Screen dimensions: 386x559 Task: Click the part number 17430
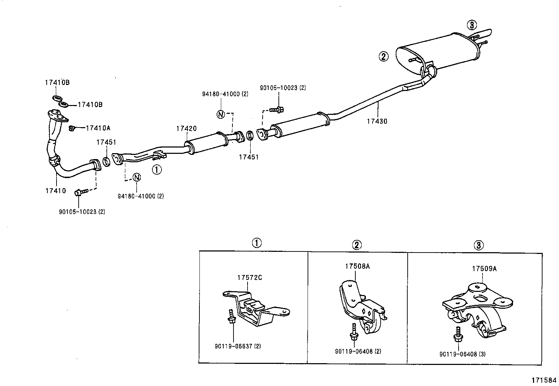(x=377, y=122)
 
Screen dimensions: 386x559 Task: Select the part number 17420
(x=186, y=129)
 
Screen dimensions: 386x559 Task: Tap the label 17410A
(x=98, y=128)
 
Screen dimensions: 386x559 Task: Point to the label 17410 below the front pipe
(x=55, y=191)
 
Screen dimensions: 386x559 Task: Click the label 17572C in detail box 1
(x=249, y=277)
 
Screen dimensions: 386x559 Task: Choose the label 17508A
(x=357, y=266)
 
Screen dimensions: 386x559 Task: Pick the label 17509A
(x=484, y=269)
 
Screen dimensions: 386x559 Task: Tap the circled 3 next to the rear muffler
(x=472, y=25)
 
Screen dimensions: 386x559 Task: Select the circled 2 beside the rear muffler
(x=383, y=56)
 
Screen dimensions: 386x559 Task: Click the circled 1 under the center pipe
(x=157, y=170)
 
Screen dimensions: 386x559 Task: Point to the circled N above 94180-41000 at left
(x=137, y=177)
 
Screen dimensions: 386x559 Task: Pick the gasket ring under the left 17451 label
(x=106, y=162)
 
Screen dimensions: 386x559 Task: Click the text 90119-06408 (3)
(x=462, y=354)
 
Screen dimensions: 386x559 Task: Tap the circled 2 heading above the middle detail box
(x=356, y=245)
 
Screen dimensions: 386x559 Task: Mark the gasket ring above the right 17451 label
(x=250, y=135)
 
